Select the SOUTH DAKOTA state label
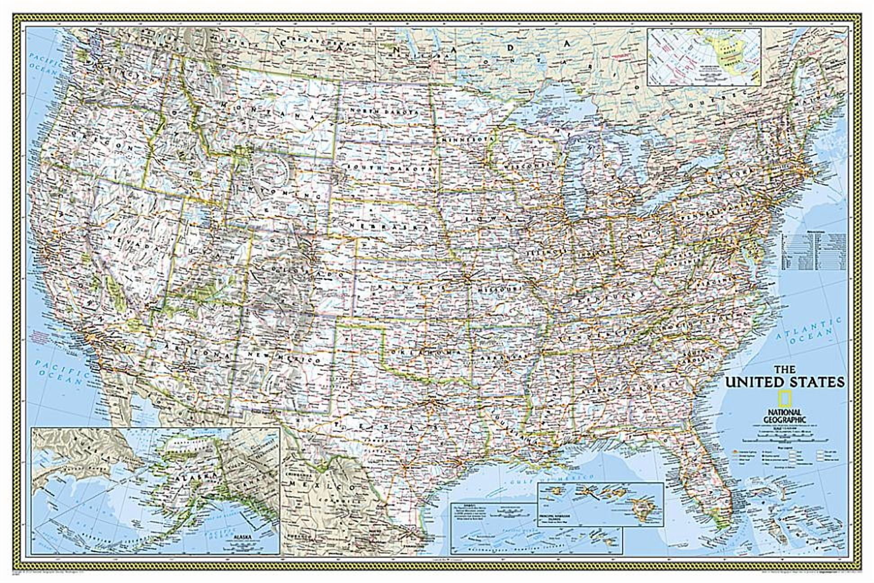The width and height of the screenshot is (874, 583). (389, 167)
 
